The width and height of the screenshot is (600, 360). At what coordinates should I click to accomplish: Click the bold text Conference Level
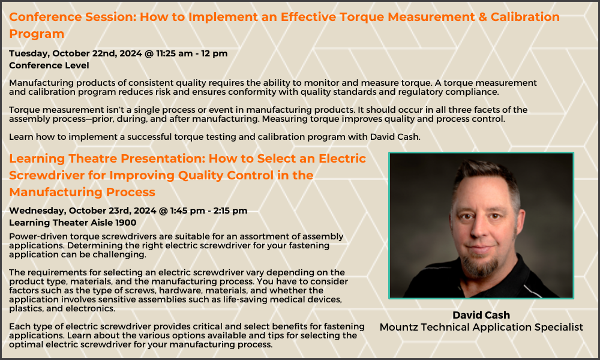[x=49, y=65]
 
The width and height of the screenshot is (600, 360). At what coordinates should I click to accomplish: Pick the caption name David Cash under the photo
[x=481, y=316]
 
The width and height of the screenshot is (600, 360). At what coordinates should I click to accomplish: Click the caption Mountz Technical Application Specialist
[x=481, y=327]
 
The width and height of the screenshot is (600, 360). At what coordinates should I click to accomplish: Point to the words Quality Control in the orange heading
[x=220, y=175]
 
